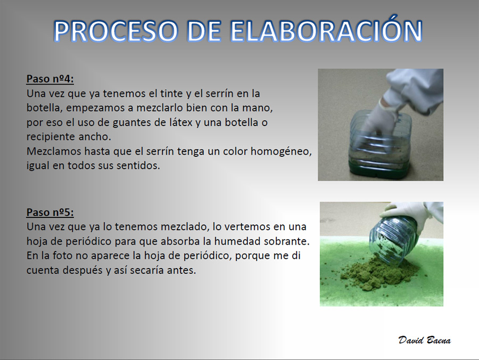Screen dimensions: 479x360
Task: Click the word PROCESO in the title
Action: click(x=115, y=31)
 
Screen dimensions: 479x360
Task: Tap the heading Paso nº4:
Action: click(x=50, y=79)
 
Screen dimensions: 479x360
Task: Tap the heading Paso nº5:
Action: click(x=50, y=212)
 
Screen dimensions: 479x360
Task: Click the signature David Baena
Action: click(x=424, y=340)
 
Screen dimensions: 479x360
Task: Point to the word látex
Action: click(x=181, y=122)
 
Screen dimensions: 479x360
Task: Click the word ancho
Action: click(x=95, y=137)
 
